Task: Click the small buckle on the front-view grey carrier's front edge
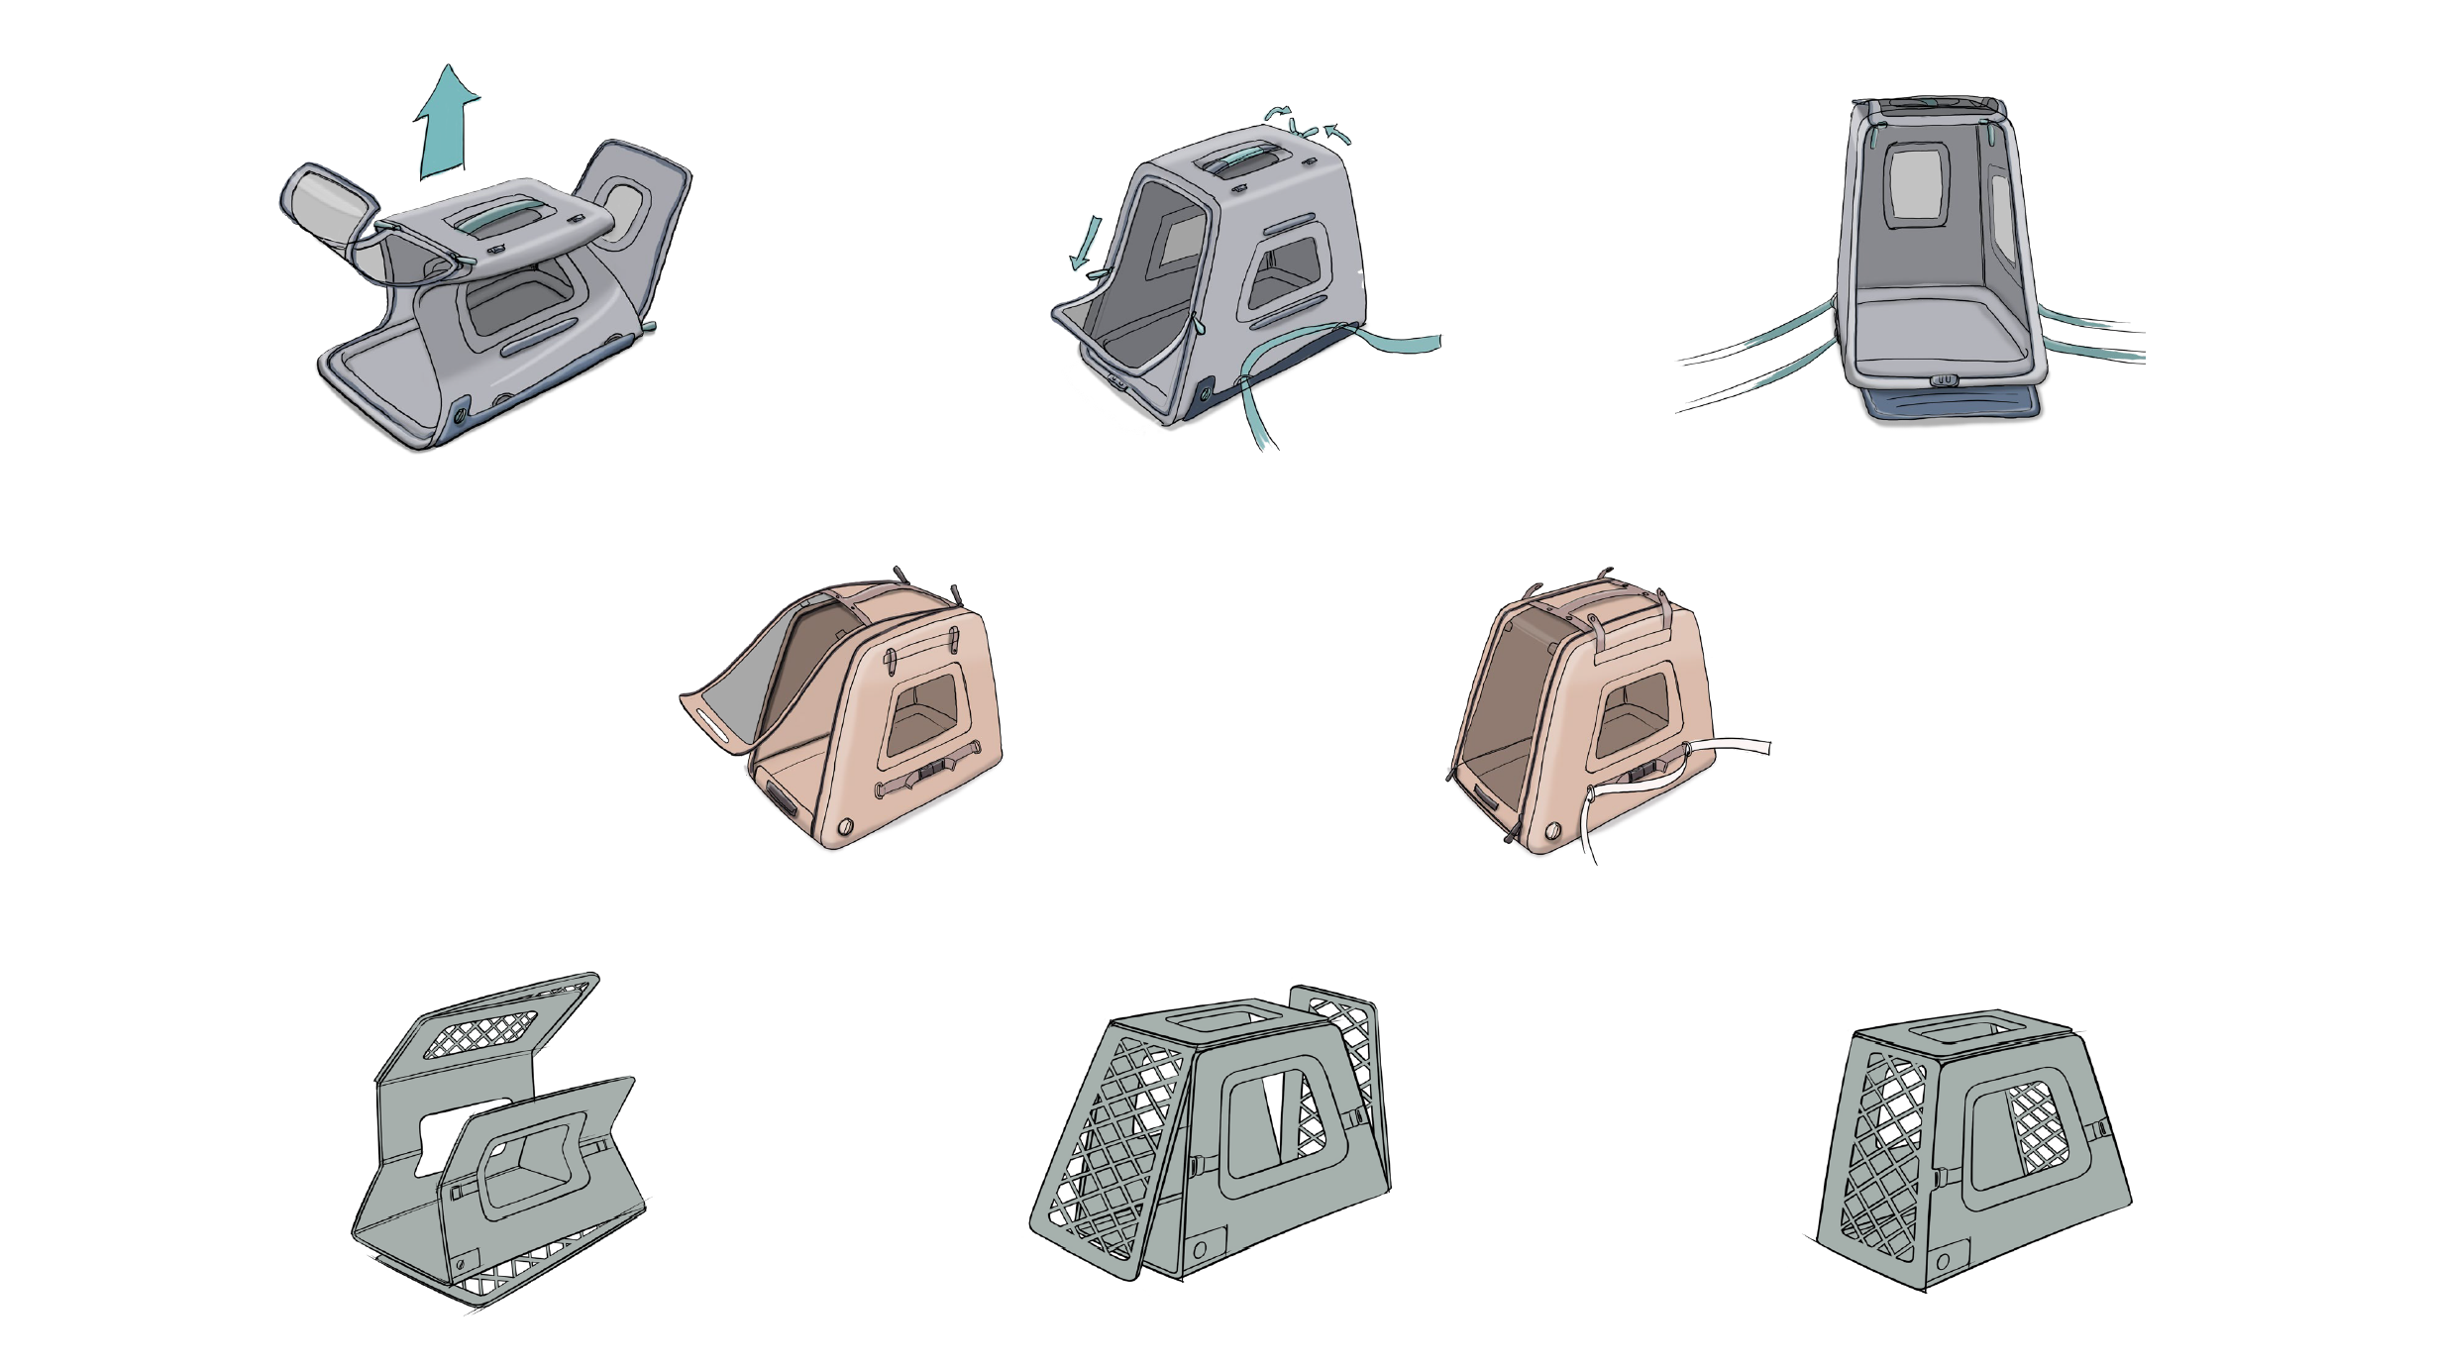pyautogui.click(x=1945, y=379)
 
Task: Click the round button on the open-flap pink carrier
pyautogui.click(x=845, y=826)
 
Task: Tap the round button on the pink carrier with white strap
pyautogui.click(x=1553, y=830)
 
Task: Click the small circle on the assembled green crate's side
pyautogui.click(x=1944, y=1261)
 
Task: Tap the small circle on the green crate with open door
pyautogui.click(x=1200, y=1249)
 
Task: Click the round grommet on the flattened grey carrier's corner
pyautogui.click(x=460, y=415)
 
